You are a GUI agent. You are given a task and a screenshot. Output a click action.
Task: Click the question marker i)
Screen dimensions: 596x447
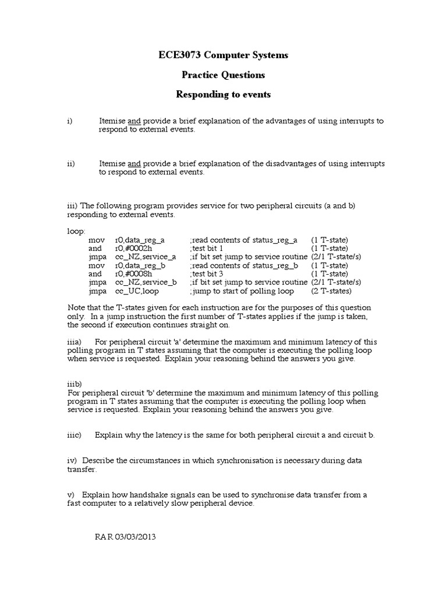click(x=69, y=121)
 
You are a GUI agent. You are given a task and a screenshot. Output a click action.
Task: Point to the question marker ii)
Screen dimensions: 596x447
click(x=70, y=164)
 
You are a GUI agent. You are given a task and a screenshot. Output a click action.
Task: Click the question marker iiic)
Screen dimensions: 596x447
click(x=74, y=435)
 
